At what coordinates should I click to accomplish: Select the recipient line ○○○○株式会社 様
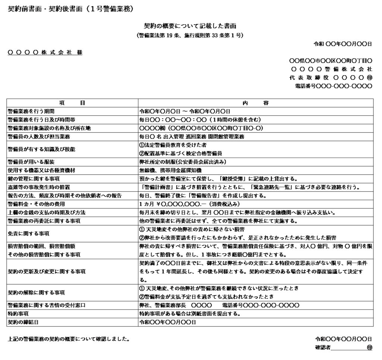(45, 52)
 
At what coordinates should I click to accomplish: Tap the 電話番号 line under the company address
(333, 86)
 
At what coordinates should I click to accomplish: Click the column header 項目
(72, 103)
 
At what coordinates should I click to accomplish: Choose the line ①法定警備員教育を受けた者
(173, 145)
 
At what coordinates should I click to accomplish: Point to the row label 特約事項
(18, 314)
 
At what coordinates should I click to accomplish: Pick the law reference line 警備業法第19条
(190, 36)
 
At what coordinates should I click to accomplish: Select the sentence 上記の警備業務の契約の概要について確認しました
(69, 339)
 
